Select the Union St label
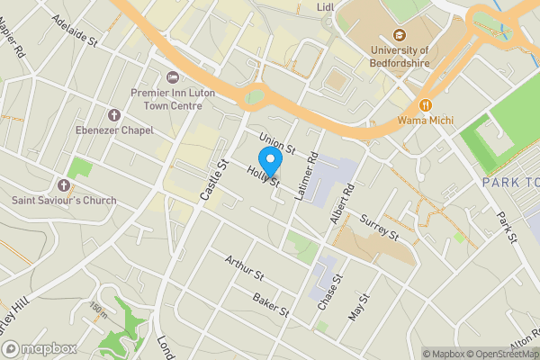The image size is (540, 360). (276, 141)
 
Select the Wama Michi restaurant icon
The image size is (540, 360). (426, 103)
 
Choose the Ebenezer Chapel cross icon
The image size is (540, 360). (114, 115)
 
